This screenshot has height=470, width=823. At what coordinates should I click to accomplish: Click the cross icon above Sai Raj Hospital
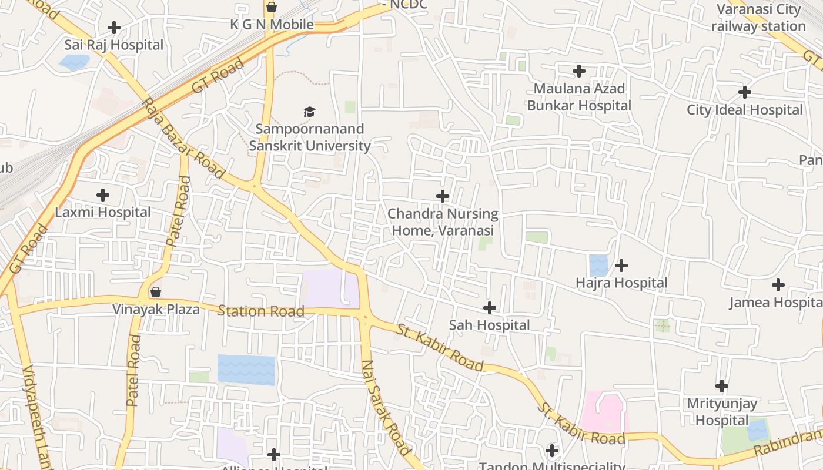click(x=114, y=28)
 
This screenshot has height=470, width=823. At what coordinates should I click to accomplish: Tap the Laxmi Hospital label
click(x=103, y=212)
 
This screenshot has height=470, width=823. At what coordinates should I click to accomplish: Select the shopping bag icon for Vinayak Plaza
click(x=156, y=292)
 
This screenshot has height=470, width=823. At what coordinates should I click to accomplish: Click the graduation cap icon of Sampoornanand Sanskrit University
click(x=309, y=112)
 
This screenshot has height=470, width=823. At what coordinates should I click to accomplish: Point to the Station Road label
click(x=261, y=311)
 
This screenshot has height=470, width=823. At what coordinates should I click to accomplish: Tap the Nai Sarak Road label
click(x=386, y=408)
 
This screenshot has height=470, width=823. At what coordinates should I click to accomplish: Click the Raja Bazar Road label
click(x=182, y=139)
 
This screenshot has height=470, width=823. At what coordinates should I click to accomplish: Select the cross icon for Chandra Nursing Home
click(x=443, y=196)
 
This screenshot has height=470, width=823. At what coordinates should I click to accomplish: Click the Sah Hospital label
click(x=489, y=325)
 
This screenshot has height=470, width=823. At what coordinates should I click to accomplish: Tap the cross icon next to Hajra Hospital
click(x=621, y=266)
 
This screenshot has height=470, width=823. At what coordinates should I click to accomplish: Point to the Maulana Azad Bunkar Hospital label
click(x=579, y=98)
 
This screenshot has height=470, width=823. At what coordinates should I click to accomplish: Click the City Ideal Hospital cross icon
click(x=745, y=92)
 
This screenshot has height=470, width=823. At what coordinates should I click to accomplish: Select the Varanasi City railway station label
click(x=758, y=18)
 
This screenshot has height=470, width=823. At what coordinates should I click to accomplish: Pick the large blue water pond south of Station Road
click(x=246, y=370)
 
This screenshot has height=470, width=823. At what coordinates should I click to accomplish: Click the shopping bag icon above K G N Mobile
click(x=271, y=8)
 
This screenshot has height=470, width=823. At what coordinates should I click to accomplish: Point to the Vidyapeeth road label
click(x=36, y=417)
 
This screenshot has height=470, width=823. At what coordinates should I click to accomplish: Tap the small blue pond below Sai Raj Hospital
click(x=75, y=62)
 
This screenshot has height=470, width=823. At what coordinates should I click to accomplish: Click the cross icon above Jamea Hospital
click(x=778, y=285)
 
